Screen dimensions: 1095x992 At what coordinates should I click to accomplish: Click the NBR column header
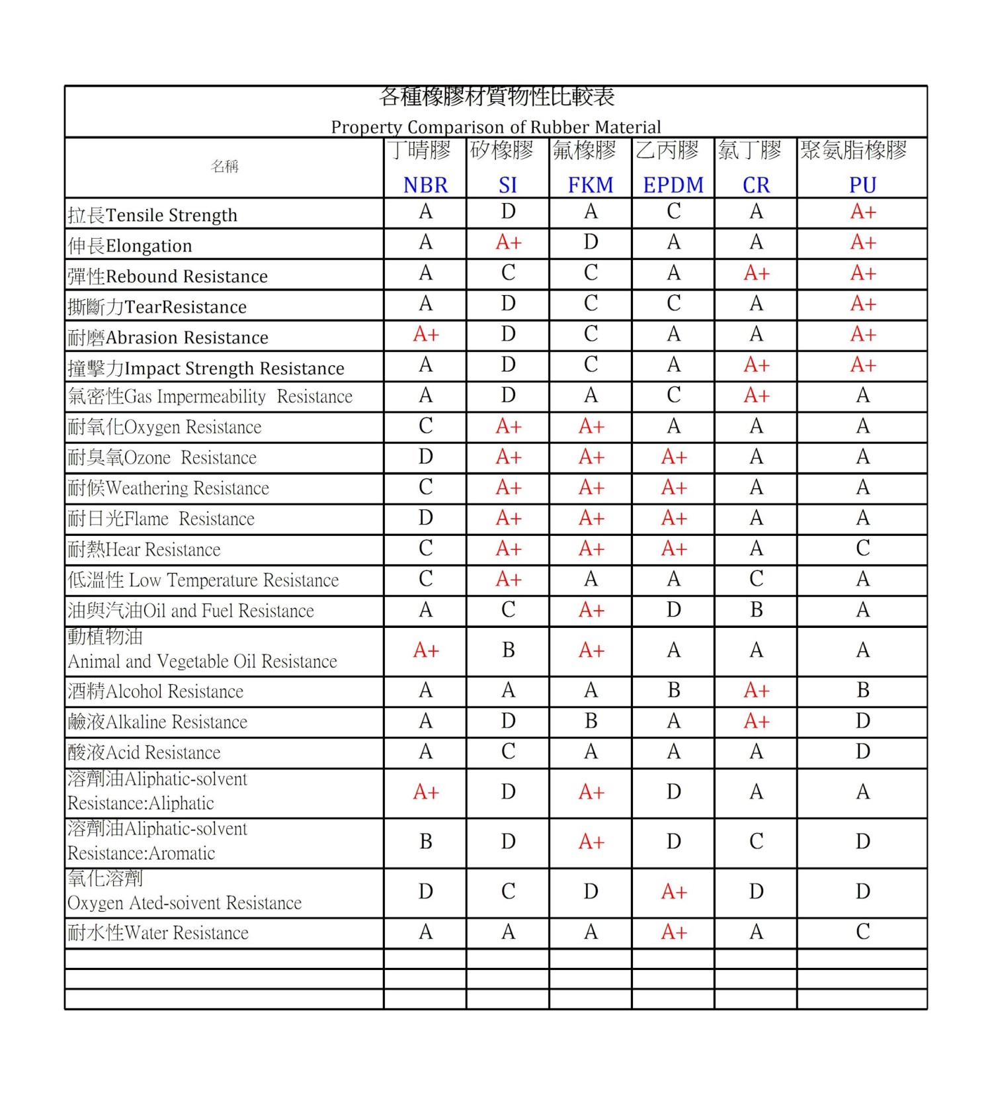coord(425,185)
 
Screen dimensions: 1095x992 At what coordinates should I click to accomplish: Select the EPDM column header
coord(673,185)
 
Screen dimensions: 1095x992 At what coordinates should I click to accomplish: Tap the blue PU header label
coord(862,185)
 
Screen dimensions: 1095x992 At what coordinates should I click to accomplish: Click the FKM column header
coord(591,185)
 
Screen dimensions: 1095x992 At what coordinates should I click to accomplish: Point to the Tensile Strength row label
coord(153,215)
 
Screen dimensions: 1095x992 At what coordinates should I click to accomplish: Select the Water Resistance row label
coord(158,933)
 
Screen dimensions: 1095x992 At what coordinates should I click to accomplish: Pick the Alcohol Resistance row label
coord(155,691)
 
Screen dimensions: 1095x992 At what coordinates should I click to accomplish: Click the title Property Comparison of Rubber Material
coord(496,126)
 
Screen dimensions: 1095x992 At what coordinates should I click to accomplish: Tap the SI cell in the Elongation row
coord(508,243)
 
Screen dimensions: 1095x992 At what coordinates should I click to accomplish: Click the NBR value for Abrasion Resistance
coord(425,335)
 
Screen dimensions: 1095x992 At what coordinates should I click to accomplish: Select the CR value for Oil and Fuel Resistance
coord(756,609)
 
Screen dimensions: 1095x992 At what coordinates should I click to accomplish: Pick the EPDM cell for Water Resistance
coord(673,932)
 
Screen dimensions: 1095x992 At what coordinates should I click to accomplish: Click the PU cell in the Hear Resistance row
coord(862,548)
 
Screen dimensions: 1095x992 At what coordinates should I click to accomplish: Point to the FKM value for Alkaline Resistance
coord(591,721)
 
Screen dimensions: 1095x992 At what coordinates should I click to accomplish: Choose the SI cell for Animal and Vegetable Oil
coord(508,650)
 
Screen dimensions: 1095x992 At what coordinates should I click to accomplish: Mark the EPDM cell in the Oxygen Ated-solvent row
coord(673,892)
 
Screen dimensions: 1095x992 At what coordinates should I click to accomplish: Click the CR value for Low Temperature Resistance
coord(756,579)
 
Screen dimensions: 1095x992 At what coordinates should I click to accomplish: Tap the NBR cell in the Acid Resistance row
coord(425,752)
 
